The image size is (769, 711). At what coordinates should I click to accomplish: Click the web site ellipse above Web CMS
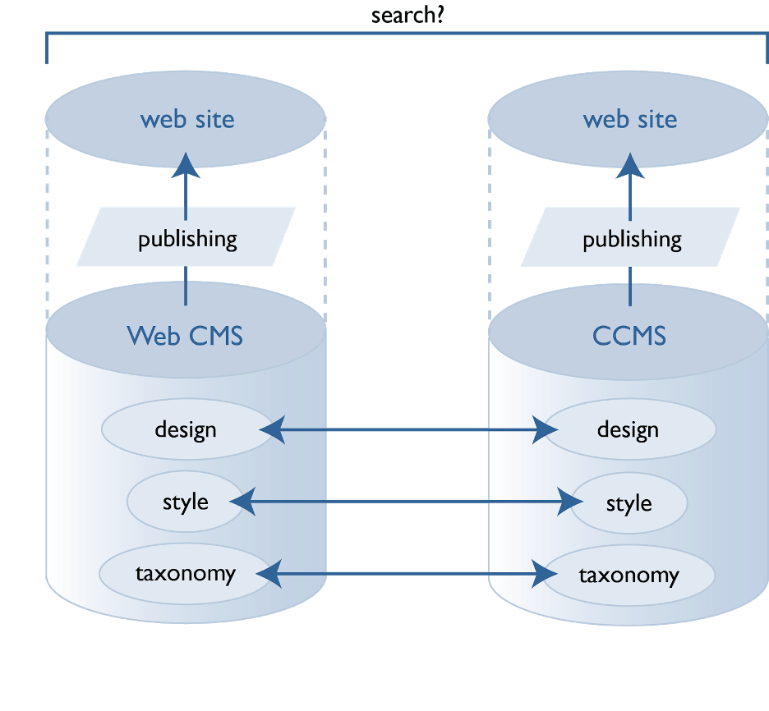pos(186,119)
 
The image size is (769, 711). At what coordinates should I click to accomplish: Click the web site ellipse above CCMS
pos(629,119)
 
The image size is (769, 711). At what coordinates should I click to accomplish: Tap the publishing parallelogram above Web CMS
pos(186,239)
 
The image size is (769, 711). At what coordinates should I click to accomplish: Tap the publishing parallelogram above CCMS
pos(631,239)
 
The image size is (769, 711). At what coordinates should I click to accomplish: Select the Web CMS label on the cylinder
pos(185,335)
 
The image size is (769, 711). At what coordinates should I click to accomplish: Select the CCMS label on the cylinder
pos(629,335)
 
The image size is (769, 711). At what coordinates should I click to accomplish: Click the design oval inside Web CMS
pos(186,429)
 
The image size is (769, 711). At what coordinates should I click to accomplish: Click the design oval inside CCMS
pos(629,429)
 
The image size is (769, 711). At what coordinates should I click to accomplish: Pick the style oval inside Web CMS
pos(186,502)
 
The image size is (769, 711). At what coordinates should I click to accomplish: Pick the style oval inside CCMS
pos(629,502)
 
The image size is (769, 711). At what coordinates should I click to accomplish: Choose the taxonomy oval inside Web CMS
pos(186,573)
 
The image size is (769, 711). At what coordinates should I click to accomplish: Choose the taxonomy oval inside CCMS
pos(629,575)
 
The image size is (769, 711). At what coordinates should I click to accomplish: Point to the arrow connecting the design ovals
pos(408,429)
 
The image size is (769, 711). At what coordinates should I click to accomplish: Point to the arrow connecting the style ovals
pos(408,501)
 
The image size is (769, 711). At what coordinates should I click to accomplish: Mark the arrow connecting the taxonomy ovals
pos(408,573)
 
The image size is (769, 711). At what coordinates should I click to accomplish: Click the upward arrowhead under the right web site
pos(630,165)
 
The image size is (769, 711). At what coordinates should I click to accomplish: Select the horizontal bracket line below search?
pos(408,34)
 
